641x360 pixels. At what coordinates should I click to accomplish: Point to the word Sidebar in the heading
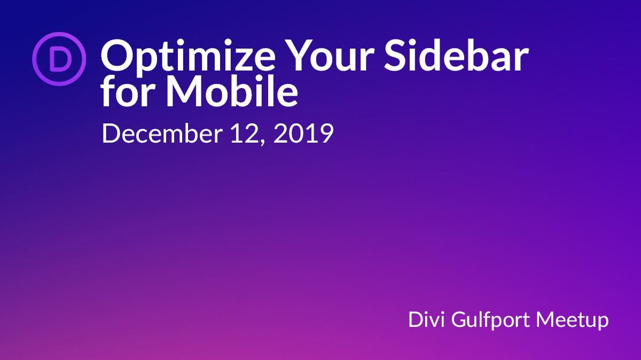(456, 54)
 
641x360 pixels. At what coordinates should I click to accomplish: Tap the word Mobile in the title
(232, 91)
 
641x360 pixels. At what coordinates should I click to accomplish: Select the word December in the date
(162, 134)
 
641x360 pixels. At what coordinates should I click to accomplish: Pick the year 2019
(303, 134)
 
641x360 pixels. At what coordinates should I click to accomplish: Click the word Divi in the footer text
(426, 319)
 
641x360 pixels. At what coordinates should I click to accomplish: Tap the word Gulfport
(490, 321)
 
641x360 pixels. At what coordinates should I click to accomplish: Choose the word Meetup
(572, 321)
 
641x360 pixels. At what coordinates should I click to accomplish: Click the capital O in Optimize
(117, 56)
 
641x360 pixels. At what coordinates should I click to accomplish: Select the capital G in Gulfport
(460, 319)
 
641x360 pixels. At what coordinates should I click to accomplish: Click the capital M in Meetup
(546, 319)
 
